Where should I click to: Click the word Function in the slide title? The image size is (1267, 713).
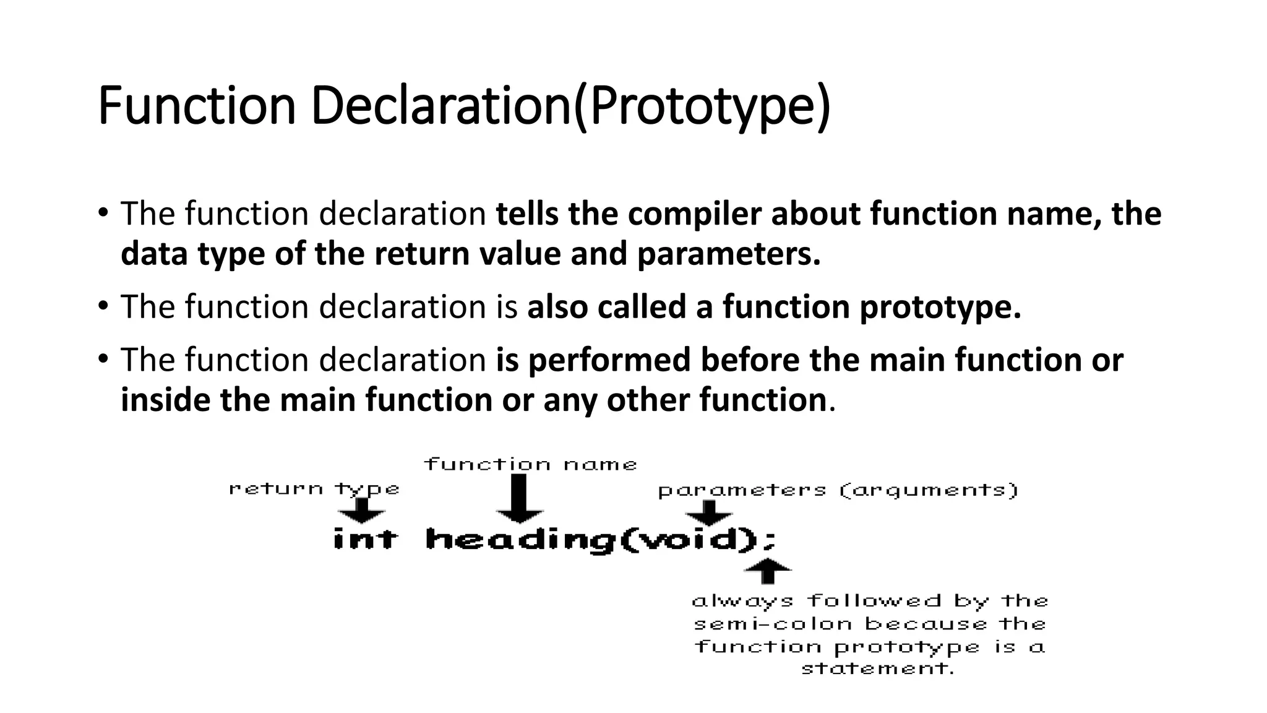point(197,106)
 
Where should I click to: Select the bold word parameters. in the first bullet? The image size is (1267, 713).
point(728,254)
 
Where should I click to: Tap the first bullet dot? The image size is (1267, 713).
point(103,213)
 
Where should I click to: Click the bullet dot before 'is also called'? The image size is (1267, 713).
point(103,306)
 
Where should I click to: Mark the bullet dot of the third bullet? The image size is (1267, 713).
point(103,359)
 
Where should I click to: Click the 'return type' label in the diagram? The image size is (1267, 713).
point(314,489)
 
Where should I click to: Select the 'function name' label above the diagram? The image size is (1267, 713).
point(530,464)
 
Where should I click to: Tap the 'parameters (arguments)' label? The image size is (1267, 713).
point(838,491)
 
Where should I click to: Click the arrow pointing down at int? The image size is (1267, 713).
point(361,510)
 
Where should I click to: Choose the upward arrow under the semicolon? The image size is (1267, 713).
point(767,570)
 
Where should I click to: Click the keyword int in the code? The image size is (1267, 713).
point(364,538)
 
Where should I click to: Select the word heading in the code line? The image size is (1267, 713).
point(521,540)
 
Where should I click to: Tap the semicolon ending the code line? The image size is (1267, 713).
point(769,541)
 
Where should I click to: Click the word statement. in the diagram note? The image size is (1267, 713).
point(877,668)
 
